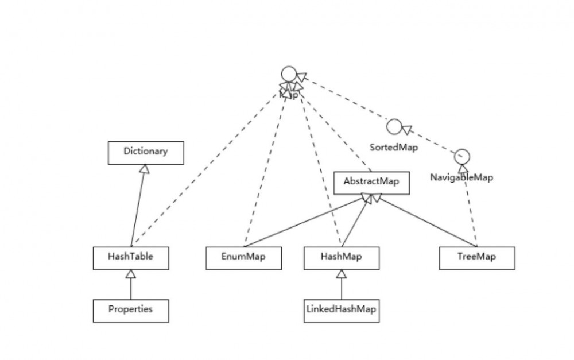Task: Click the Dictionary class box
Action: pos(146,153)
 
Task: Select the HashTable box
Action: pos(131,258)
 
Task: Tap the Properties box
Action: pos(131,310)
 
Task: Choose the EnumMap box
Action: pos(244,258)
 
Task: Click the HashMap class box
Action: pos(342,258)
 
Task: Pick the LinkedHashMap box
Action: pos(342,310)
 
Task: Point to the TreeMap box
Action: pos(477,258)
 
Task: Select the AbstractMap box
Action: pos(372,182)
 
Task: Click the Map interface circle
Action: pos(288,75)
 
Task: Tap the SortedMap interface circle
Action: pos(394,126)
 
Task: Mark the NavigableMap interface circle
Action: pos(462,156)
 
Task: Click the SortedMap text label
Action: pos(394,147)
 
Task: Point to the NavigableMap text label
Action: pos(461,177)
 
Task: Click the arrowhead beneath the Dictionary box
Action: pos(145,169)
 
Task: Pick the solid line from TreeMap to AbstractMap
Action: pos(425,221)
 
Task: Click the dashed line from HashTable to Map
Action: pos(207,167)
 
